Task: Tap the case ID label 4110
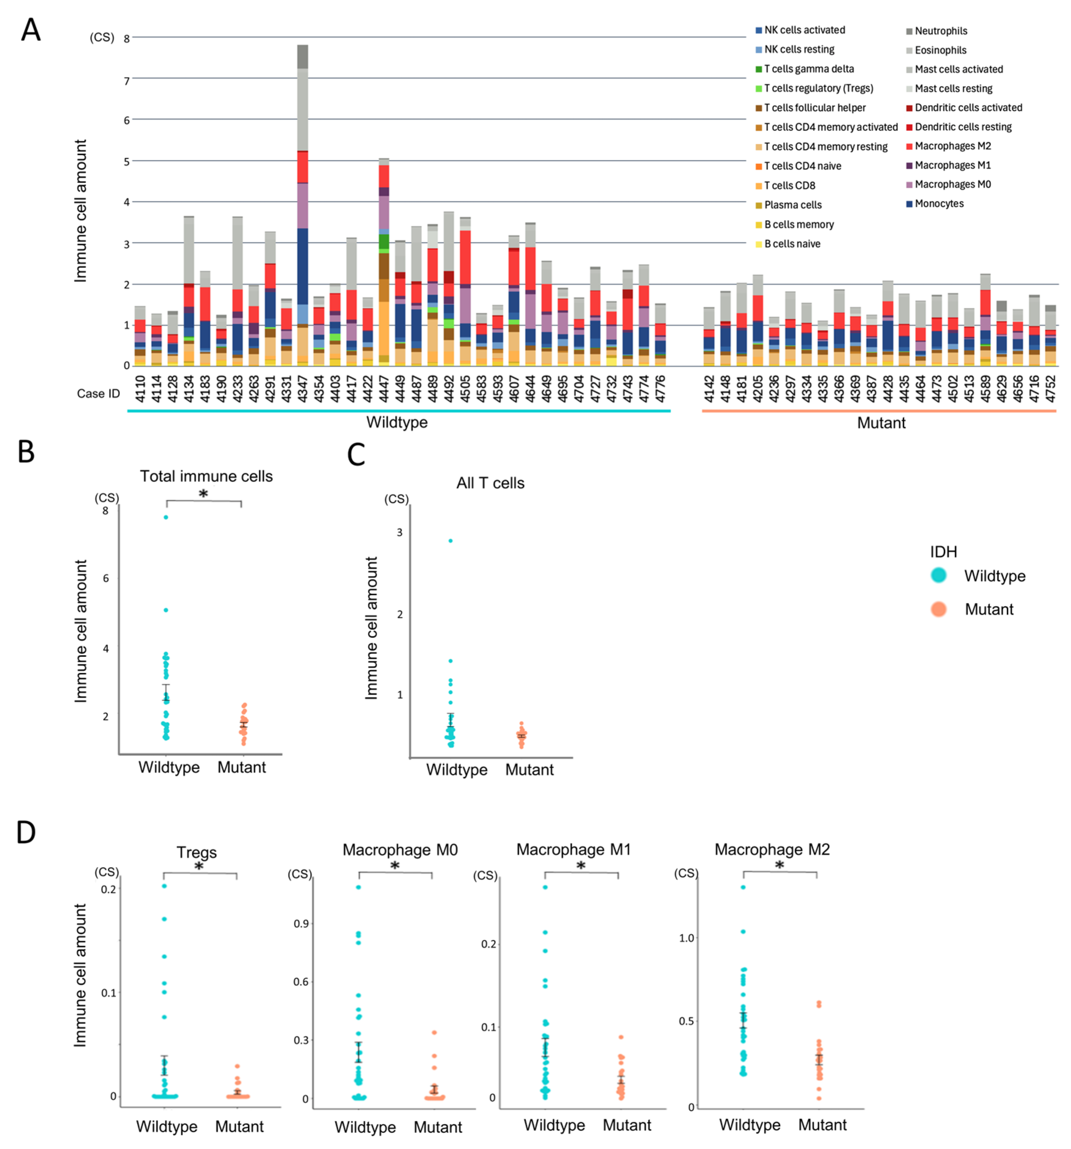pyautogui.click(x=140, y=388)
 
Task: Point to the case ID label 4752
pyautogui.click(x=1051, y=388)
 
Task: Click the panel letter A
pyautogui.click(x=31, y=29)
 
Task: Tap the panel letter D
pyautogui.click(x=26, y=833)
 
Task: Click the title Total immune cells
pyautogui.click(x=206, y=476)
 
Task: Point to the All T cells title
pyautogui.click(x=490, y=483)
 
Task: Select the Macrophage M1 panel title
pyautogui.click(x=573, y=850)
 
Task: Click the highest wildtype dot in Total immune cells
pyautogui.click(x=166, y=517)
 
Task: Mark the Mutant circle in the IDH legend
pyautogui.click(x=939, y=609)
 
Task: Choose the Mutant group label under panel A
pyautogui.click(x=881, y=423)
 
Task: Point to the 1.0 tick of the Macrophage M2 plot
pyautogui.click(x=686, y=938)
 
